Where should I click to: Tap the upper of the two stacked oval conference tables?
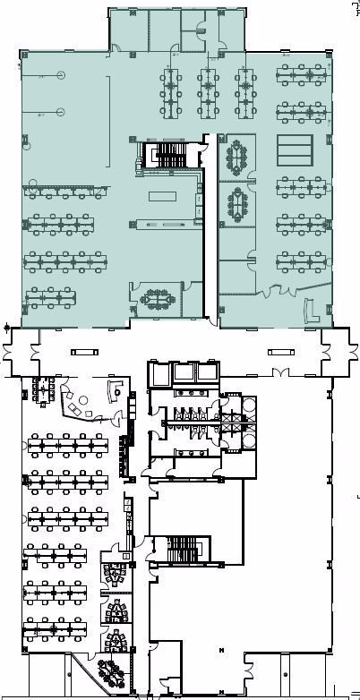click(237, 158)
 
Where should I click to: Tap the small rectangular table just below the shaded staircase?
click(162, 195)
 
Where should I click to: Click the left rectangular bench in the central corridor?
click(85, 352)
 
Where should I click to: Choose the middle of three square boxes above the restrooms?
click(189, 372)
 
